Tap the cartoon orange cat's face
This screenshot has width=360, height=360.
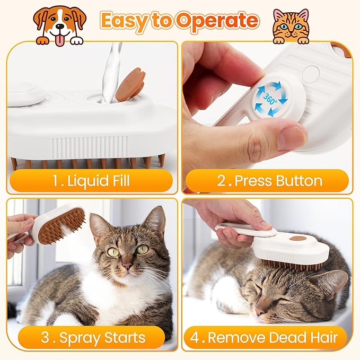point(290,25)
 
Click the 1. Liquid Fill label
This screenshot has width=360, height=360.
point(90,180)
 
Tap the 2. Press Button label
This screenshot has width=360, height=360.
point(269,180)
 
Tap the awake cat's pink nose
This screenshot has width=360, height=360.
point(128,266)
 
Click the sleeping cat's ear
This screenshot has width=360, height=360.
point(331,284)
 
